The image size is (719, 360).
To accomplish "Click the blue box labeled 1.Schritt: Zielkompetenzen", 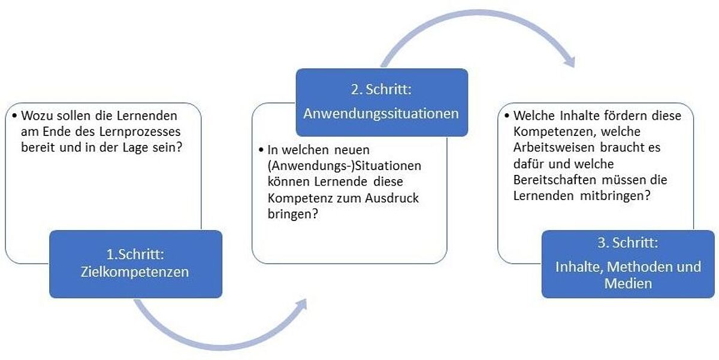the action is click(x=136, y=264).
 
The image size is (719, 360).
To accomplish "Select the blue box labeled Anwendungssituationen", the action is click(x=382, y=102).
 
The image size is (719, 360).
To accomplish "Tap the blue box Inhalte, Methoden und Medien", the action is click(x=628, y=264).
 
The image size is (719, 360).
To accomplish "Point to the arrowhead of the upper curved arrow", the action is click(x=570, y=61).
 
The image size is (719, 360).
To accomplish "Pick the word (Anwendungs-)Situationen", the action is click(x=345, y=166).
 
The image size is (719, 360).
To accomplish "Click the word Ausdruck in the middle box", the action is click(x=392, y=198).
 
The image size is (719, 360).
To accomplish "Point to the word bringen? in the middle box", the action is click(x=293, y=214).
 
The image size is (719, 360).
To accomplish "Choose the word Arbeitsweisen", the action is click(x=554, y=147).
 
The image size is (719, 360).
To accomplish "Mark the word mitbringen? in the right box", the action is click(x=615, y=196).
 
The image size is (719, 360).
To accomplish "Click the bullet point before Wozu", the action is click(x=14, y=115).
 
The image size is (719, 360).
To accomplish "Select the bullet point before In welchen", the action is click(x=261, y=150).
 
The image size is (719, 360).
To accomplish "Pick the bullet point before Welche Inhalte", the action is click(x=507, y=115).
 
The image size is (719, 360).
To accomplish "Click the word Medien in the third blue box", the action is click(x=628, y=283).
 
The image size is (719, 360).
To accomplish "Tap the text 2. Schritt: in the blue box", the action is click(x=381, y=89).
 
